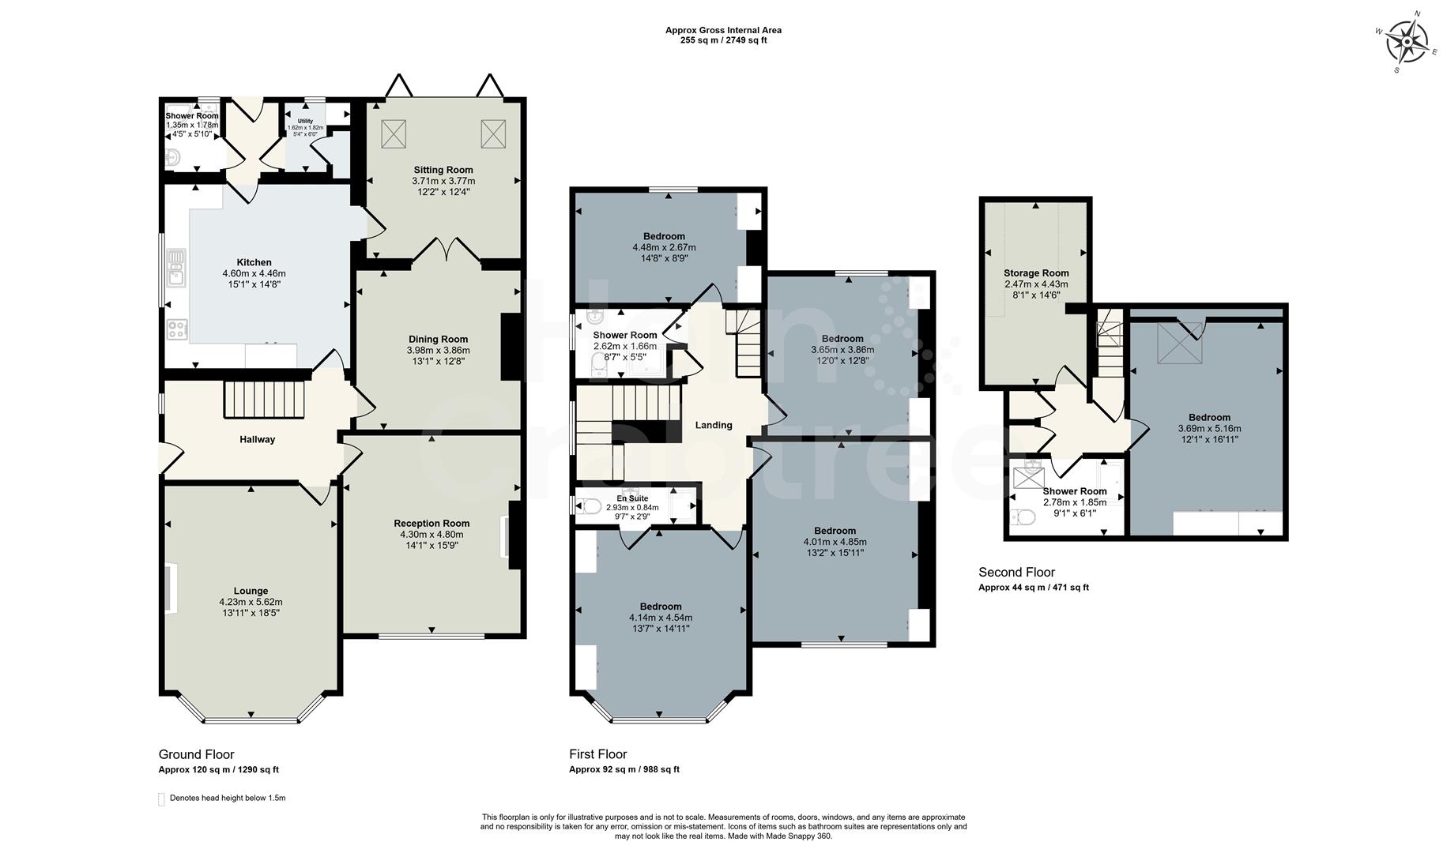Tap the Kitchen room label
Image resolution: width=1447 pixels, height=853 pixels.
coord(254,262)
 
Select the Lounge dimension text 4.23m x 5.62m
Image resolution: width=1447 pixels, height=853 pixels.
coord(251,602)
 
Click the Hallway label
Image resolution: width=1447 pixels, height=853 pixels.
coord(257,439)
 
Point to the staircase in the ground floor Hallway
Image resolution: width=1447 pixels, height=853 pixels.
coord(265,400)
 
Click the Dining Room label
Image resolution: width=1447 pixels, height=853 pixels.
coord(438,339)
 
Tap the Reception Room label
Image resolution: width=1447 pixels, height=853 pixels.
coord(431,523)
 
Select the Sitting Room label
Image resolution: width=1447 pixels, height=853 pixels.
coord(443,170)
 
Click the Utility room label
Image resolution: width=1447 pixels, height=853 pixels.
coord(305,121)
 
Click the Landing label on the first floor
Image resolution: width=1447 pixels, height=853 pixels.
coord(713,425)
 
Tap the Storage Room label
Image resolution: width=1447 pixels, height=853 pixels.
coord(1036,273)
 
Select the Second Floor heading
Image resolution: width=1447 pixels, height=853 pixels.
coord(1016,572)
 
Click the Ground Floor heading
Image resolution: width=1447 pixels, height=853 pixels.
coord(196,754)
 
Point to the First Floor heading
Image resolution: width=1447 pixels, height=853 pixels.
coord(597,754)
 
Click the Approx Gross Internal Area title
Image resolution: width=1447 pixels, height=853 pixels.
coord(723,31)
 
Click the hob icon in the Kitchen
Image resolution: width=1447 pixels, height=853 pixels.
coord(176,329)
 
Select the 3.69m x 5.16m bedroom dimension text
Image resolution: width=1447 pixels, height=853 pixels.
coord(1209,429)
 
